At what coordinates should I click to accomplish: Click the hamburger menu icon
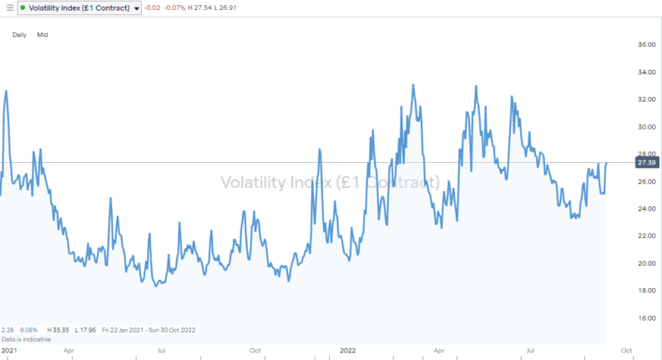click(9, 8)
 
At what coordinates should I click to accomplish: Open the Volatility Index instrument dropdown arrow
click(137, 8)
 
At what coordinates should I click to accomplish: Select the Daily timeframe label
click(19, 35)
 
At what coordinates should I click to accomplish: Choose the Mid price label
click(43, 35)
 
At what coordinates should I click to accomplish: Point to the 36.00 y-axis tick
click(646, 45)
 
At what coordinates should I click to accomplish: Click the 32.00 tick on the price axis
click(646, 99)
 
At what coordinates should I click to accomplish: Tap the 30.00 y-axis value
click(646, 127)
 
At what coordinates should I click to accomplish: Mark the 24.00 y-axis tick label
click(646, 209)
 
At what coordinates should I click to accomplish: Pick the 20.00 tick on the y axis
click(646, 263)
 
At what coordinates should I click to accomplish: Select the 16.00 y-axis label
click(646, 318)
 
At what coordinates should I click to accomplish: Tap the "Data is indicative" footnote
click(26, 340)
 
